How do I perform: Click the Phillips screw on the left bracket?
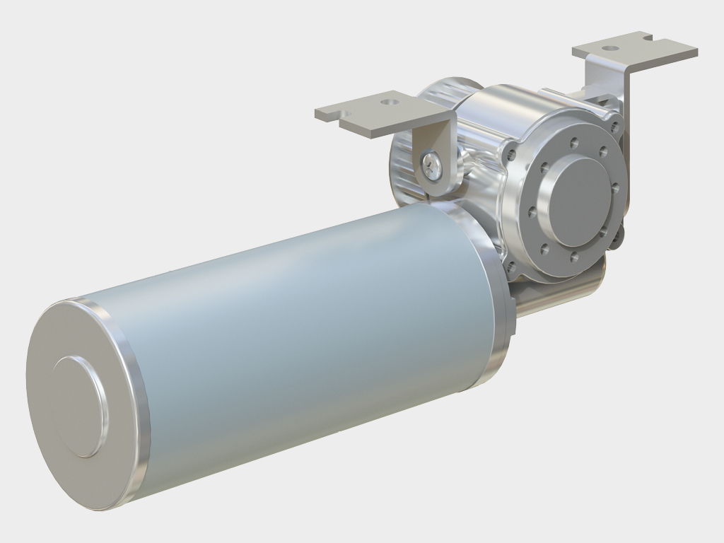tap(432, 166)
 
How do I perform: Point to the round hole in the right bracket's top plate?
tap(610, 48)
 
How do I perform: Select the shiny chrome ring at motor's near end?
tap(134, 417)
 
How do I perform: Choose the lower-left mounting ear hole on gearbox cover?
tap(511, 267)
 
